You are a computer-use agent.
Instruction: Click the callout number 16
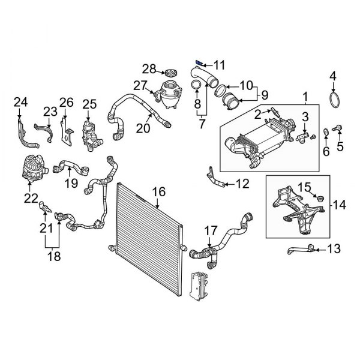click(158, 192)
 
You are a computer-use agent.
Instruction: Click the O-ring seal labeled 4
click(334, 98)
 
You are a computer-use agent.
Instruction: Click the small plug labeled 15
click(317, 199)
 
